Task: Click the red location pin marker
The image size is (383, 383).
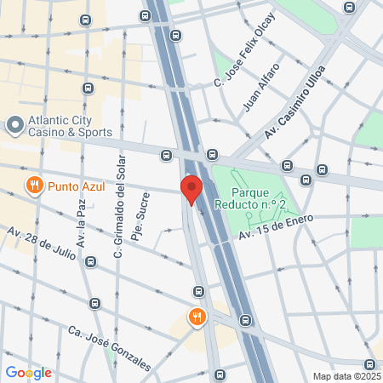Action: point(191,188)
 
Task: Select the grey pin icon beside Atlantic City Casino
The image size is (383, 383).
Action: point(14,126)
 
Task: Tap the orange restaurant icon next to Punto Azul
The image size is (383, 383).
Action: point(34,185)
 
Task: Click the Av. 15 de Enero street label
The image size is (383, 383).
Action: point(276,226)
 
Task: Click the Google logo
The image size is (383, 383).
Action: point(28,372)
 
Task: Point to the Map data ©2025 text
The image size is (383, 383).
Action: point(346,375)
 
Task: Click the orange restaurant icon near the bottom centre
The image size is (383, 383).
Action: point(197,317)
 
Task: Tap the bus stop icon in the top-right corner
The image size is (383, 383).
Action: point(348,8)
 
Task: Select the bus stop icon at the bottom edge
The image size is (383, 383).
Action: point(220,374)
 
